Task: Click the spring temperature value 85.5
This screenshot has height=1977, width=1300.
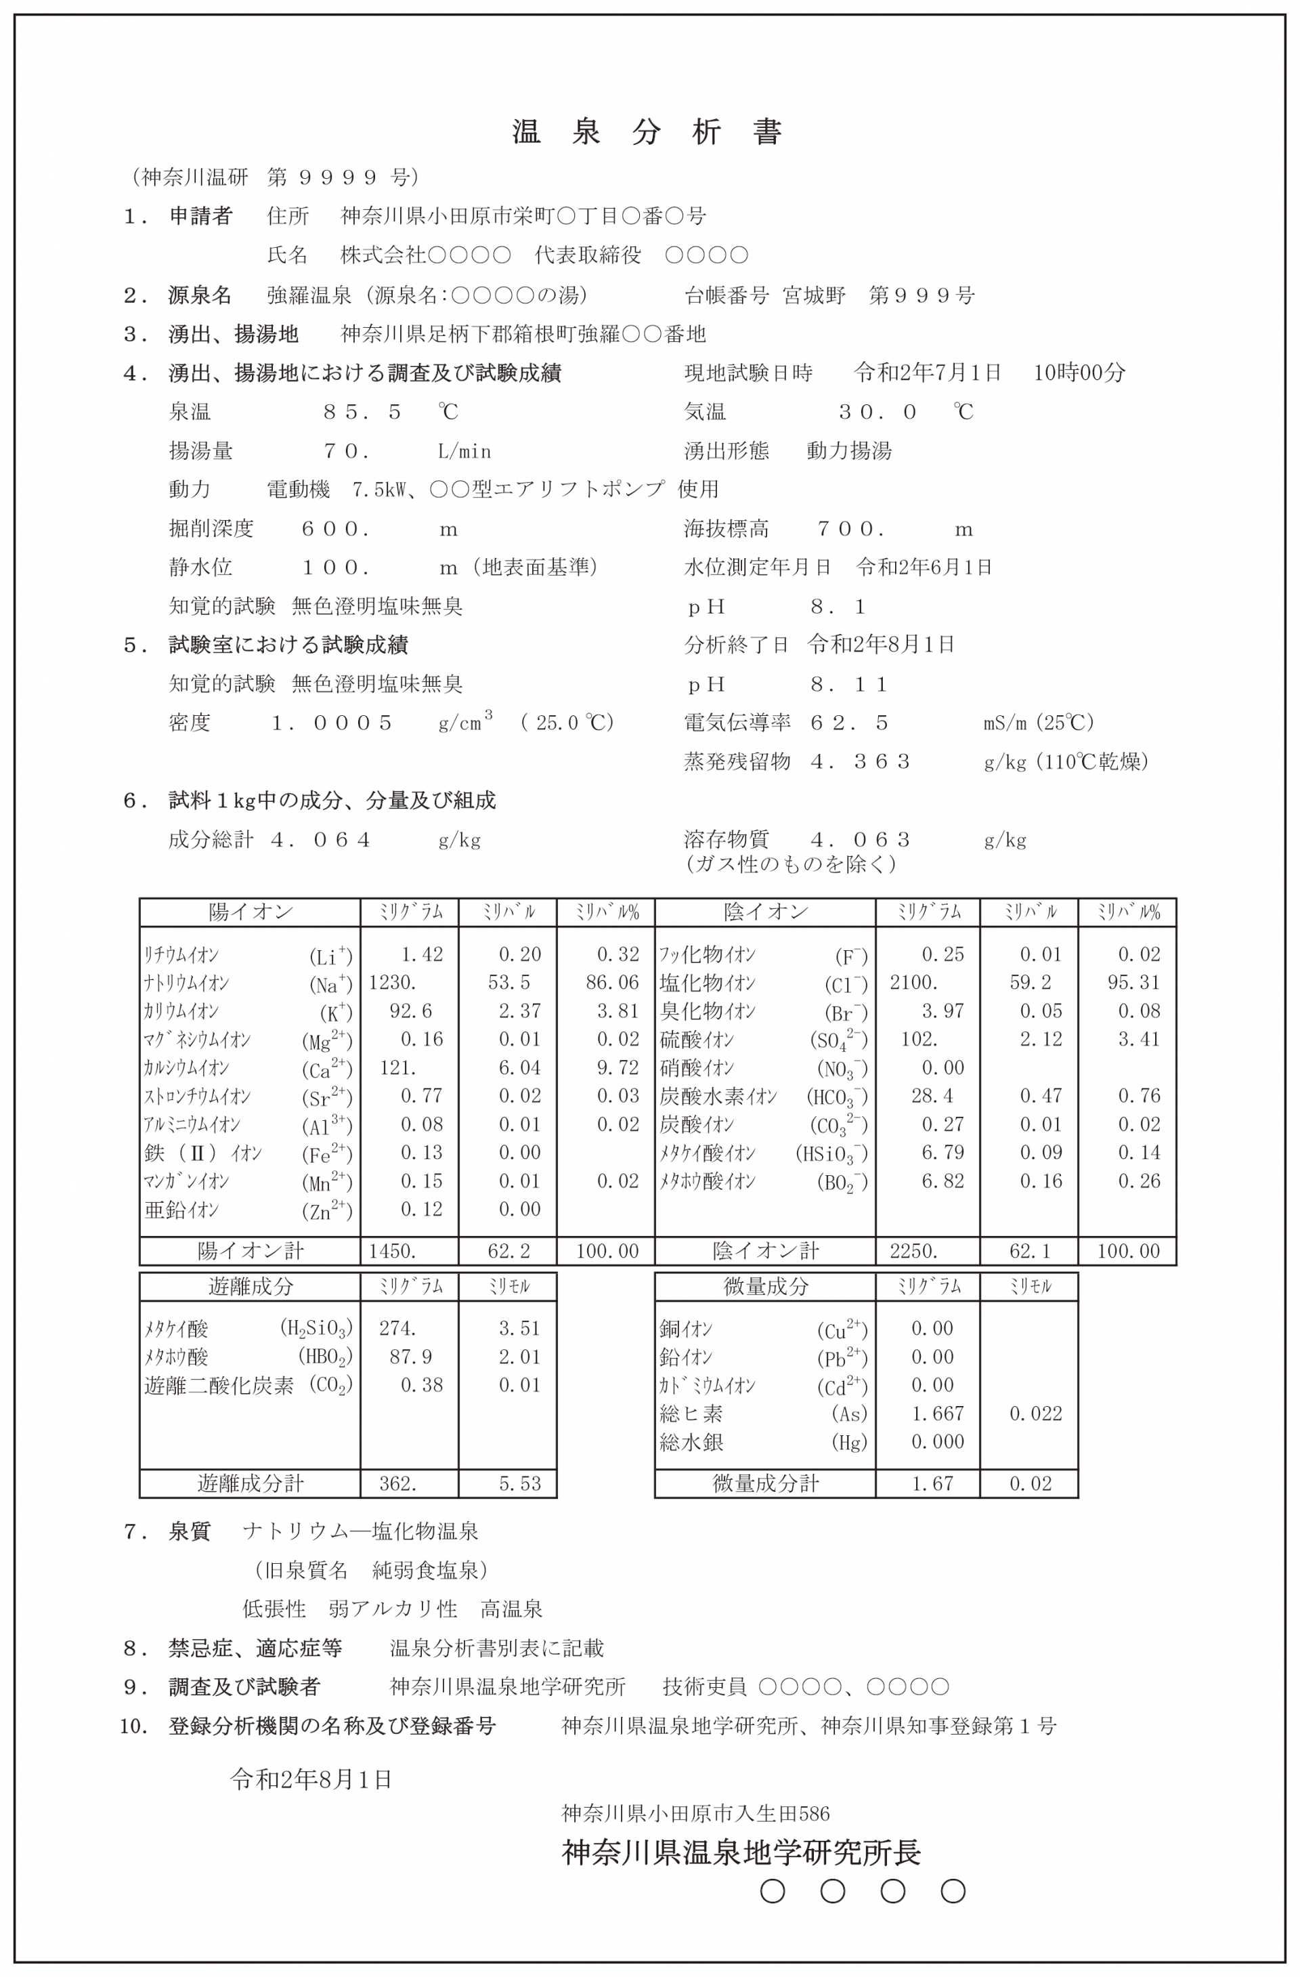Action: tap(362, 412)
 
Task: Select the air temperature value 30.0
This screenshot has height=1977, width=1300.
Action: tap(876, 412)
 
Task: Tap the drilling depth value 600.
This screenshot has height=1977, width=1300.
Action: tap(334, 529)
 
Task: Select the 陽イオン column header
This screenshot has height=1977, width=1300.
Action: tap(250, 912)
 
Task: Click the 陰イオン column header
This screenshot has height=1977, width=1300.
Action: tap(765, 912)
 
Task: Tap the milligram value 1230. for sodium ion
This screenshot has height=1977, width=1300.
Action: tap(392, 983)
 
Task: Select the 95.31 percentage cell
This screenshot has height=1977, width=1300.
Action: tap(1133, 983)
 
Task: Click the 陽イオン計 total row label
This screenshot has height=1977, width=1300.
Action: tap(250, 1251)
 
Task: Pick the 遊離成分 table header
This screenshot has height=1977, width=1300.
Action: tap(250, 1287)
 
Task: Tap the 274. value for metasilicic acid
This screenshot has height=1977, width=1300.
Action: tap(397, 1328)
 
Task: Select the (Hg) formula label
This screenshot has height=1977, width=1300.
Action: tap(849, 1442)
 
